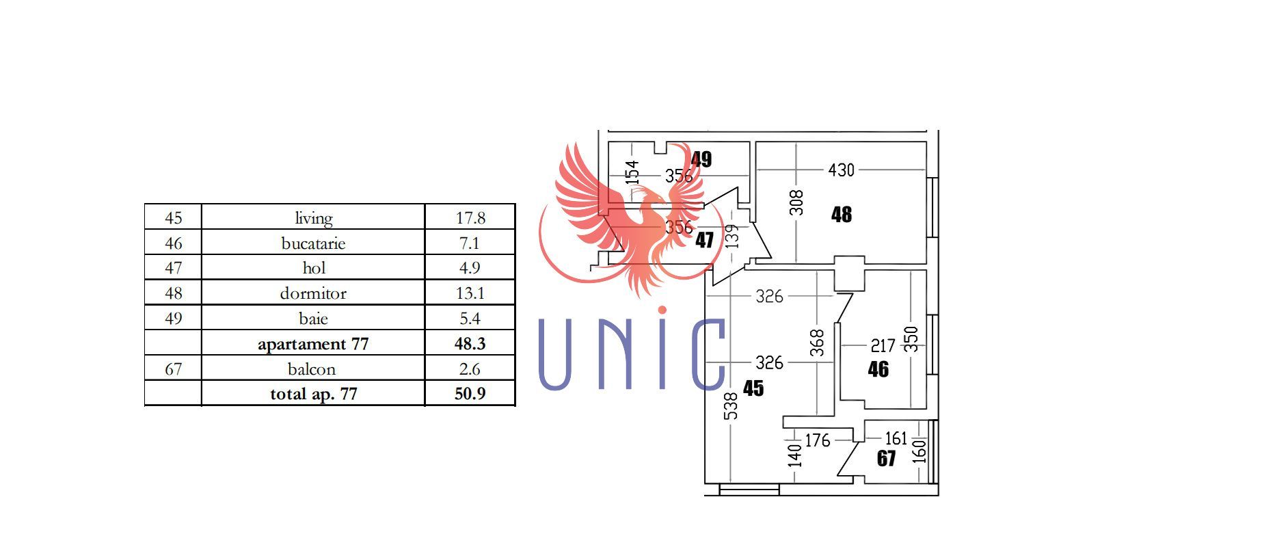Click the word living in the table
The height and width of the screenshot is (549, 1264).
click(314, 218)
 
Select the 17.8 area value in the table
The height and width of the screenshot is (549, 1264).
click(470, 218)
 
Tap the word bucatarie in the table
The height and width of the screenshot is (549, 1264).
click(313, 243)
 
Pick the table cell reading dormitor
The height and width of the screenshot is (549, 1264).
click(313, 293)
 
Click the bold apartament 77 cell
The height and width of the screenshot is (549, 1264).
click(313, 344)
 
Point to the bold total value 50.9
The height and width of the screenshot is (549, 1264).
click(470, 394)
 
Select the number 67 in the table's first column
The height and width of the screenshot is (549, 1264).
click(174, 369)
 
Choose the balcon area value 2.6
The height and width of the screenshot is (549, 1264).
click(470, 369)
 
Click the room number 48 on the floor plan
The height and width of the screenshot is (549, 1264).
click(842, 215)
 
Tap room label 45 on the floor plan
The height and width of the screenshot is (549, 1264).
click(753, 388)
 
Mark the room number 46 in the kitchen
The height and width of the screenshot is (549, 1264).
click(878, 369)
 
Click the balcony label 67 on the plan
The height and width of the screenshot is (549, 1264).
click(886, 458)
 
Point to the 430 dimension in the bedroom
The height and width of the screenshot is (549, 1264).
click(841, 170)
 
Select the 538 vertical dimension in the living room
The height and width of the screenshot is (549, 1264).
click(731, 405)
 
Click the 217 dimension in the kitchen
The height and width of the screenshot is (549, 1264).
click(883, 346)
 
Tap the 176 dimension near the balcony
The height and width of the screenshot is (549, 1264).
click(817, 440)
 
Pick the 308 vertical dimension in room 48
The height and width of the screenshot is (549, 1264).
click(797, 202)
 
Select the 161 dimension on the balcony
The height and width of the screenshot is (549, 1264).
click(896, 438)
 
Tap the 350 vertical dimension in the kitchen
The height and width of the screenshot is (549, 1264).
click(912, 339)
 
